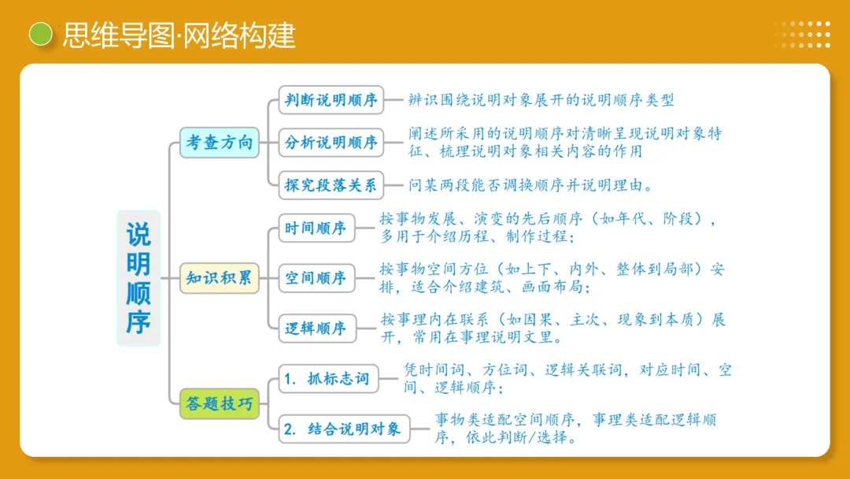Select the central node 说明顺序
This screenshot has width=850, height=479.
pos(139,278)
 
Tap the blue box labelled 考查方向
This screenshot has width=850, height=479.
pos(220,143)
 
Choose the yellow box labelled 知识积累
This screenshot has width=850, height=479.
pos(220,278)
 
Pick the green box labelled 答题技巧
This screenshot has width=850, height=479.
pos(220,404)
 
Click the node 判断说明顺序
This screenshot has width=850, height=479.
pos(331,100)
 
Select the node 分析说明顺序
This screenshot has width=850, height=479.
pos(331,143)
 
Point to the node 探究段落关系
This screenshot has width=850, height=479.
pos(331,186)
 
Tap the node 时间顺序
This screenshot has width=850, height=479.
pos(316,228)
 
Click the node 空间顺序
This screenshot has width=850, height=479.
pos(316,278)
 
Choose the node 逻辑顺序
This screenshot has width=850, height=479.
pos(316,329)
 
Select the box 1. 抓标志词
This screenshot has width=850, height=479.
pos(327,379)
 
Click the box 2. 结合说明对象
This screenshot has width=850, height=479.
pos(343,429)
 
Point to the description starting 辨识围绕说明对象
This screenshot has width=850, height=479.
pos(541,100)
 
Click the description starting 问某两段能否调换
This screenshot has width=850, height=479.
pos(530,186)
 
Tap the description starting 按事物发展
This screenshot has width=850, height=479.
pos(547,228)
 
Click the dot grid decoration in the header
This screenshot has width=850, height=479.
pos(806,35)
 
